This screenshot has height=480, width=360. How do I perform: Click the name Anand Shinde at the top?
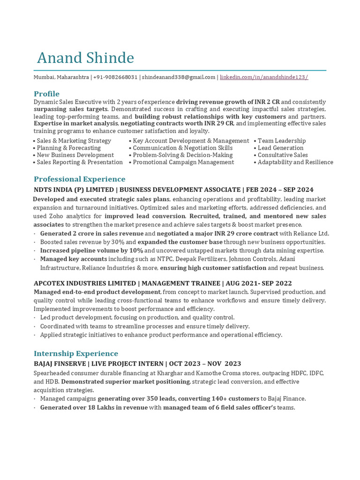[85, 58]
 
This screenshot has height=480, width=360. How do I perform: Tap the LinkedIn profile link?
[264, 77]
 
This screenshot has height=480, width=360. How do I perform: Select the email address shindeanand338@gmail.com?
[179, 77]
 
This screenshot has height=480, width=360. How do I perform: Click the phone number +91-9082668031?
[115, 77]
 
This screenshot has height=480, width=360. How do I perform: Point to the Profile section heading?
[46, 94]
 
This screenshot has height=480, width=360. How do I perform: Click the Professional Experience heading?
[79, 179]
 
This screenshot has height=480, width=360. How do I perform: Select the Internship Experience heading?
[75, 353]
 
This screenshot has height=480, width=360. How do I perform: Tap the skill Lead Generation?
[280, 148]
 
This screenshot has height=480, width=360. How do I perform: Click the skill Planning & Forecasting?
[68, 148]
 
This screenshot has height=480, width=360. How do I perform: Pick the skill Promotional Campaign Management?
[183, 162]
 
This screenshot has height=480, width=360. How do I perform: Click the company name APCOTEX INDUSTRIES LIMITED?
[84, 284]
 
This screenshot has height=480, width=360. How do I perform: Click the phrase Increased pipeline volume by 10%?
[91, 251]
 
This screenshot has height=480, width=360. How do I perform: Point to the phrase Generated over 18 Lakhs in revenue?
[93, 408]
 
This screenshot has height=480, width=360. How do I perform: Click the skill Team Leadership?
[281, 141]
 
